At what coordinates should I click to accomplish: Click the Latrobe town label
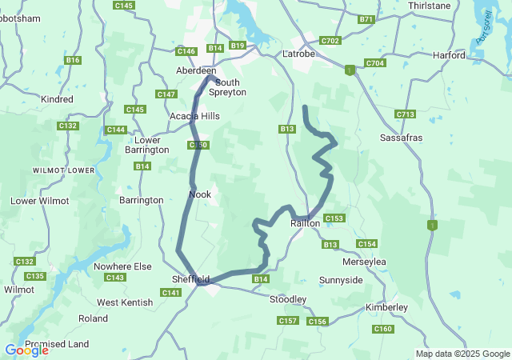pyautogui.click(x=300, y=54)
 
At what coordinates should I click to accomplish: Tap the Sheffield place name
pyautogui.click(x=190, y=279)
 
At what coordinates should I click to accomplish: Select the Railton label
pyautogui.click(x=305, y=223)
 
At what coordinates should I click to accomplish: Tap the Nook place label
pyautogui.click(x=199, y=194)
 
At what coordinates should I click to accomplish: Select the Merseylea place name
pyautogui.click(x=364, y=262)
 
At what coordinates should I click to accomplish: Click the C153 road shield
pyautogui.click(x=334, y=218)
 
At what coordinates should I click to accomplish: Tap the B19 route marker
pyautogui.click(x=238, y=46)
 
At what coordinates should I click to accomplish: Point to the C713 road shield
pyautogui.click(x=405, y=114)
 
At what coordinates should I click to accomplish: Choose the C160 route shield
pyautogui.click(x=383, y=329)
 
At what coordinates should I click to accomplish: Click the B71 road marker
pyautogui.click(x=366, y=19)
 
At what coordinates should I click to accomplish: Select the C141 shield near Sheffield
pyautogui.click(x=170, y=293)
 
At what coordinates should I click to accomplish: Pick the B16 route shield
pyautogui.click(x=74, y=60)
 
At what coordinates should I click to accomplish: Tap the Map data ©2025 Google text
pyautogui.click(x=462, y=354)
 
